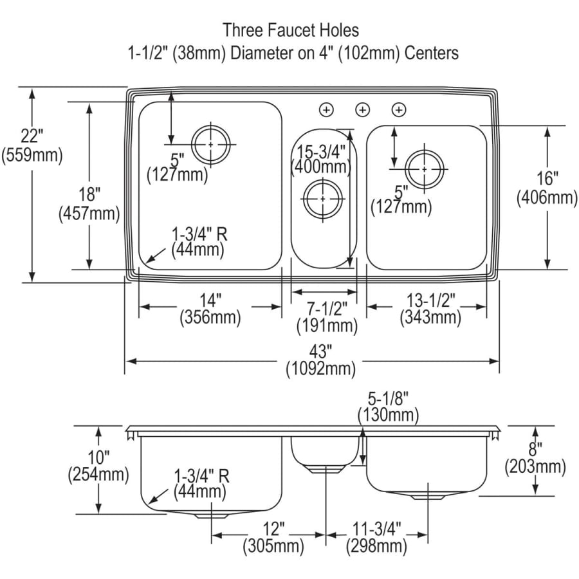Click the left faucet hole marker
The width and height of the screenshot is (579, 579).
327,110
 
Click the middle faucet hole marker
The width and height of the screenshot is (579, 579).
362,110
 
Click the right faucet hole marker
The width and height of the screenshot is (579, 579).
399,110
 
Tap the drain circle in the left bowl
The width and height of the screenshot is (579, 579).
211,144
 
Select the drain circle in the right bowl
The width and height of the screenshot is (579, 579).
425,169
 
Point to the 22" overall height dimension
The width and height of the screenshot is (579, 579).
32,145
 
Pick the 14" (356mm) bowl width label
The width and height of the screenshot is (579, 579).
210,308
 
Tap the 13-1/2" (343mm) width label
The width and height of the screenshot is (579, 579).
430,308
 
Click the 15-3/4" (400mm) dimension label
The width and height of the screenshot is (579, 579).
321,158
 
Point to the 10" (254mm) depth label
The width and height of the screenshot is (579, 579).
98,466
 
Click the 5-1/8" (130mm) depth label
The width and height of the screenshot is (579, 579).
388,407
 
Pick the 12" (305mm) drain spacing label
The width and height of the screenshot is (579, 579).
273,538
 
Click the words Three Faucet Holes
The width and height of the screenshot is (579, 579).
291,30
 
